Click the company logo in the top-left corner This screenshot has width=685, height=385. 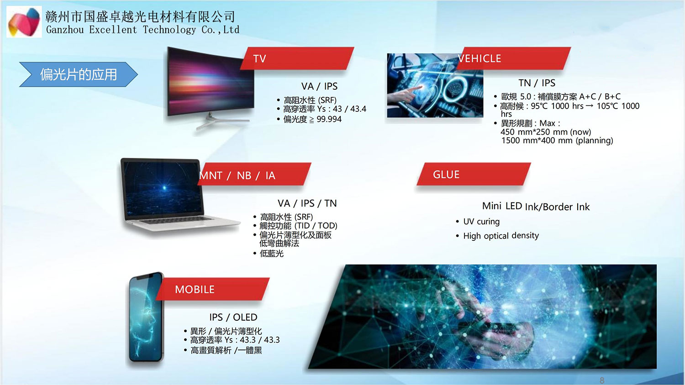pyautogui.click(x=24, y=22)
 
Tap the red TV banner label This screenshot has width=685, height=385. pyautogui.click(x=297, y=58)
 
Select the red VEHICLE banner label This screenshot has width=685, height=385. pyautogui.click(x=514, y=58)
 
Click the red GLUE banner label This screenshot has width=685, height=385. pyautogui.click(x=474, y=174)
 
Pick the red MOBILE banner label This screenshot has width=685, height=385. pyautogui.click(x=213, y=289)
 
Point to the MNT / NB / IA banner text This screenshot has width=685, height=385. pyautogui.click(x=237, y=175)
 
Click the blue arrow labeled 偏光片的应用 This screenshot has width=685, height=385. pyautogui.click(x=78, y=74)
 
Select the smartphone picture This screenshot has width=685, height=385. pyautogui.click(x=147, y=317)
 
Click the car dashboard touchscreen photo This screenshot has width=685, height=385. pyautogui.click(x=435, y=86)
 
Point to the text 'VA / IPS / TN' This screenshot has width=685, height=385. pyautogui.click(x=307, y=203)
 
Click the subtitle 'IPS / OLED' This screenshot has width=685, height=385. pyautogui.click(x=233, y=317)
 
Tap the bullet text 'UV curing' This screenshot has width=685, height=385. pyautogui.click(x=481, y=222)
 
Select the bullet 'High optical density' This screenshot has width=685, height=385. pyautogui.click(x=501, y=235)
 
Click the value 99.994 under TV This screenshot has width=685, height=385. pyautogui.click(x=329, y=119)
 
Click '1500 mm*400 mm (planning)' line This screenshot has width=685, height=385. pyautogui.click(x=557, y=140)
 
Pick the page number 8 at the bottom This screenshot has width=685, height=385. pyautogui.click(x=602, y=380)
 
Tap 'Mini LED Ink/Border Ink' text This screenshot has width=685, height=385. pyautogui.click(x=536, y=207)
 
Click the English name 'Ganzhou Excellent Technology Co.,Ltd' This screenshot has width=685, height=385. pyautogui.click(x=142, y=30)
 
